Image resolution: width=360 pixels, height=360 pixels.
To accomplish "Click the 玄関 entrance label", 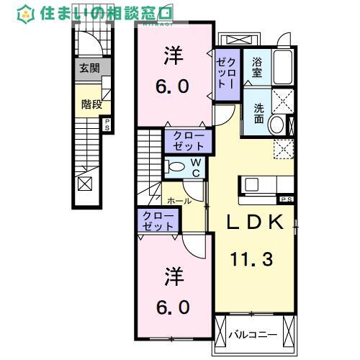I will [x=89, y=68].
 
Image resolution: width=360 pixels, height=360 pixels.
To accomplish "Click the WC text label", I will [x=194, y=168].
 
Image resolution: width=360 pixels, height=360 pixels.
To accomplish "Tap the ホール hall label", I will [x=179, y=201].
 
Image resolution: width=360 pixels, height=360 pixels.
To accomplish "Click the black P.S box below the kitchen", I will [x=286, y=199].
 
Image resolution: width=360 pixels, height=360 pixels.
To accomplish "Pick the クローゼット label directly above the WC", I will [x=188, y=140].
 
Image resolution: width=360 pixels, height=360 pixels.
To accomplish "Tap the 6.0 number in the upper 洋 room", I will [x=173, y=86].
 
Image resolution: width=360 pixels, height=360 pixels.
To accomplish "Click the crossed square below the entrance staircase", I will [x=85, y=183].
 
